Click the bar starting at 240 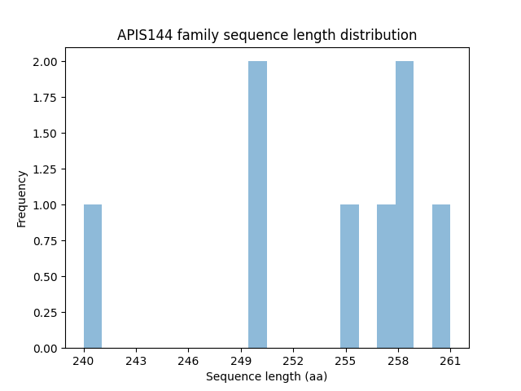tap(93, 276)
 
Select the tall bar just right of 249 tap(257, 204)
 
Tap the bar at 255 tap(349, 276)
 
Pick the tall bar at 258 tap(405, 204)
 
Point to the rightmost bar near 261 tap(441, 276)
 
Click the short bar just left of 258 tap(386, 276)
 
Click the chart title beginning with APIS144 tap(267, 35)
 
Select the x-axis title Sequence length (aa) tap(267, 376)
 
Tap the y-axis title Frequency tap(22, 198)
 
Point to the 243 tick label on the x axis tap(136, 360)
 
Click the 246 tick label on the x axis tap(188, 360)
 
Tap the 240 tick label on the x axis tap(84, 360)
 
